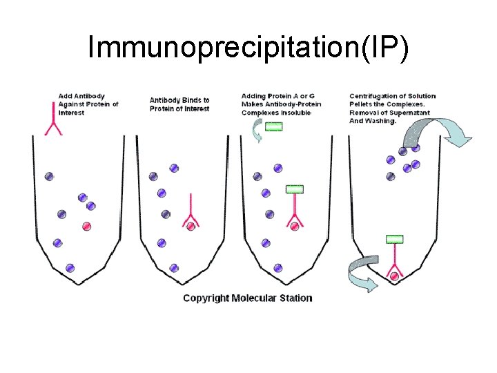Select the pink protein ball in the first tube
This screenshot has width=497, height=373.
(87, 226)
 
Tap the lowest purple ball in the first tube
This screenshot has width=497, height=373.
(70, 267)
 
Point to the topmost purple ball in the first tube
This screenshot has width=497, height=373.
(49, 176)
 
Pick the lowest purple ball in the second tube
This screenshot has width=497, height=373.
(175, 267)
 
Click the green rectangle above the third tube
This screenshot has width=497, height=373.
(274, 126)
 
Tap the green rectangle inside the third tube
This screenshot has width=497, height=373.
(295, 189)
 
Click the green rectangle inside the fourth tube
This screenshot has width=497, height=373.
(394, 240)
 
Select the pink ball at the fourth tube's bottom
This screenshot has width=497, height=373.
(394, 276)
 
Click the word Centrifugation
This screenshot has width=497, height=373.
(373, 95)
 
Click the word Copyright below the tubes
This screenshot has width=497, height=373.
(206, 298)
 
